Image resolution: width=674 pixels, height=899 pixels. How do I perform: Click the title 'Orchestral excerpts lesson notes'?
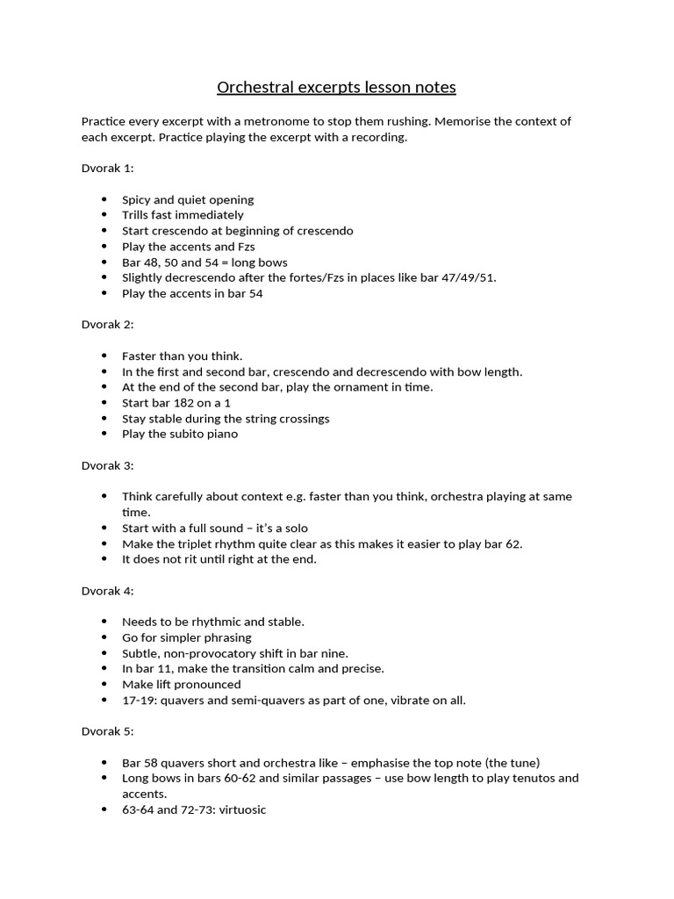(336, 88)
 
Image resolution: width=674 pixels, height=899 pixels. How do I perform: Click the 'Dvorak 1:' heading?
(107, 169)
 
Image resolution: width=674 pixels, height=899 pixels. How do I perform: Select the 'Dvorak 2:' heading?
(107, 325)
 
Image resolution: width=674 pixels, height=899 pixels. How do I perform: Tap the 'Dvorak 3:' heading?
(107, 465)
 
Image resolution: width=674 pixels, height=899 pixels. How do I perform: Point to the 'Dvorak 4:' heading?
(107, 591)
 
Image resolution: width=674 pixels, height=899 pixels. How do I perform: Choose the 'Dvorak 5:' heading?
(107, 731)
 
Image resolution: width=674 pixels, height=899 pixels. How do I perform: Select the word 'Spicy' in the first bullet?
(137, 199)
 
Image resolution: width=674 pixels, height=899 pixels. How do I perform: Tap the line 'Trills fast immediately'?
(183, 215)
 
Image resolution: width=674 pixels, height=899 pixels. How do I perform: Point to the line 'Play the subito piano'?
(180, 434)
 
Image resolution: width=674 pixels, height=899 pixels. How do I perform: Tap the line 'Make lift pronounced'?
(181, 684)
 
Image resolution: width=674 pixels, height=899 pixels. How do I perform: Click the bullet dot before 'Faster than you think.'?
(104, 356)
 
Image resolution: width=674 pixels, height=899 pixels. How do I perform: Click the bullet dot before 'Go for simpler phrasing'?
(104, 637)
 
